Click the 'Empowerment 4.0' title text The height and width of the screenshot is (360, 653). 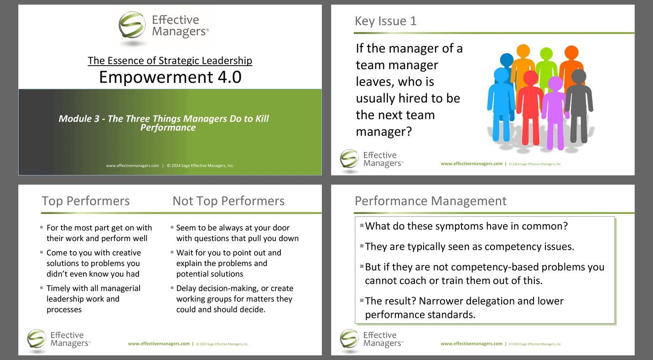[x=170, y=77]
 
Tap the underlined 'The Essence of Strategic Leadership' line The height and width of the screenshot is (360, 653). [x=170, y=61]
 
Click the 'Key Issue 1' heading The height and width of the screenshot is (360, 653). [x=385, y=21]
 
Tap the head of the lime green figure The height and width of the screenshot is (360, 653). [x=546, y=54]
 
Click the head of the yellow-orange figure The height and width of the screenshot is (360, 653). [x=523, y=51]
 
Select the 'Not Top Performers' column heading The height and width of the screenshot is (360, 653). [x=228, y=201]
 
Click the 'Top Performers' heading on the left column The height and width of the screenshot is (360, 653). [x=86, y=201]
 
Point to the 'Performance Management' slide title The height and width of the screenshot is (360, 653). [x=430, y=201]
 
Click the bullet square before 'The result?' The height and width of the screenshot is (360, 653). [x=362, y=300]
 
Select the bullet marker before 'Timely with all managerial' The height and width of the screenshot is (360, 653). [x=41, y=288]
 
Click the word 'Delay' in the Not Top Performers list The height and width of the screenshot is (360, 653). [x=186, y=288]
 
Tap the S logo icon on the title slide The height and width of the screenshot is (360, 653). [x=132, y=25]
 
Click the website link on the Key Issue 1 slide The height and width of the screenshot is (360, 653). [x=472, y=164]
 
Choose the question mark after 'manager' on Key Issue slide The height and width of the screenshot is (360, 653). [x=409, y=132]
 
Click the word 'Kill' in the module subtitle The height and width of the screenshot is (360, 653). [x=262, y=118]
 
